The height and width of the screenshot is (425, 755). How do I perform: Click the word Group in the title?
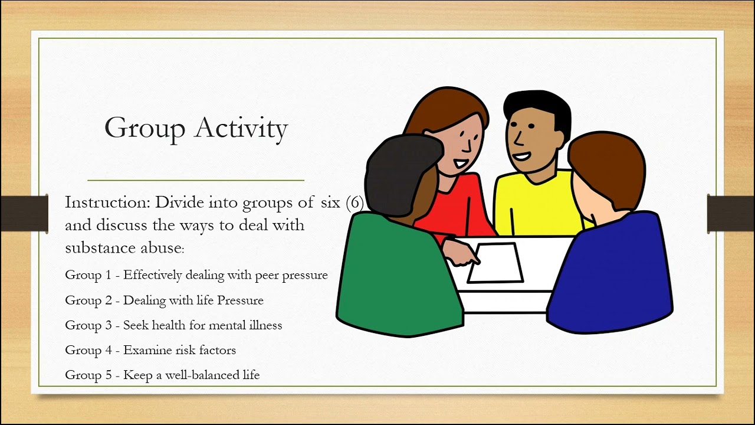(x=145, y=128)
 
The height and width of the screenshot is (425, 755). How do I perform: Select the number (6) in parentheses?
(x=354, y=202)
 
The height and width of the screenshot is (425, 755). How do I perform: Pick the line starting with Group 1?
(x=196, y=275)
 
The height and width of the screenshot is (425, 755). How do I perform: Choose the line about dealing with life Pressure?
(x=164, y=300)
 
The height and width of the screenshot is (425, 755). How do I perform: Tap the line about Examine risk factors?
(x=150, y=350)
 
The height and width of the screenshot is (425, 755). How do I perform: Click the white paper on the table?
(x=495, y=263)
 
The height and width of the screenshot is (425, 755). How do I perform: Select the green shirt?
(x=395, y=277)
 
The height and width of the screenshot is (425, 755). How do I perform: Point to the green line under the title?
(x=196, y=179)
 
